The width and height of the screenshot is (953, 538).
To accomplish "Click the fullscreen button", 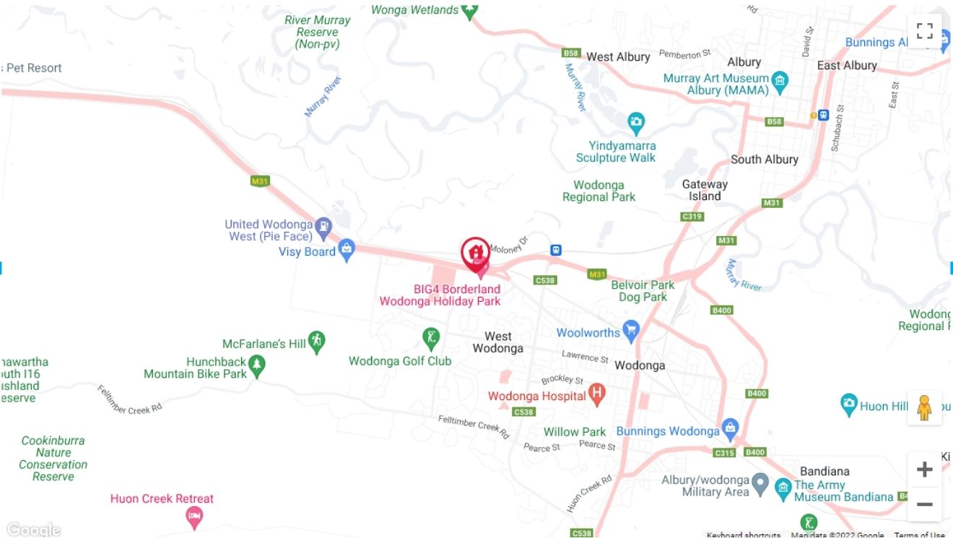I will [925, 31].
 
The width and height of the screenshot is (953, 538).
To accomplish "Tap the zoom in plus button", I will [924, 470].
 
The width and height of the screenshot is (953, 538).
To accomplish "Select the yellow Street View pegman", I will [924, 408].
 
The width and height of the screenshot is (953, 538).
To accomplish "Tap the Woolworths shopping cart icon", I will [631, 331].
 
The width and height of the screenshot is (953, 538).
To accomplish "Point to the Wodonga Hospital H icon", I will [596, 394].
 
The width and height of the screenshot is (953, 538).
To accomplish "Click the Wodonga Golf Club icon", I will [431, 337].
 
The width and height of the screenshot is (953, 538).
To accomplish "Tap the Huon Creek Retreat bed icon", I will [194, 516].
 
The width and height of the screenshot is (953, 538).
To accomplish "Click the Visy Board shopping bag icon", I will [347, 250].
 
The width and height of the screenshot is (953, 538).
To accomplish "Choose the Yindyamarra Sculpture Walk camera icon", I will [635, 122].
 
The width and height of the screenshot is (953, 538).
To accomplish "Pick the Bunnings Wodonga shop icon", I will [730, 428].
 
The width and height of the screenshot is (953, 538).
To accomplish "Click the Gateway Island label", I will [705, 190].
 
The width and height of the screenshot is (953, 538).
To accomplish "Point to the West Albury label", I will [618, 56].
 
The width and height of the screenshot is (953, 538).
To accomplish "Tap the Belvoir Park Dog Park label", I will [643, 291].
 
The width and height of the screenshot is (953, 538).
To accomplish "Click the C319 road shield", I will [692, 217].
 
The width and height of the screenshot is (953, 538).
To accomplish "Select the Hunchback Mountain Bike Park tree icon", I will [257, 367].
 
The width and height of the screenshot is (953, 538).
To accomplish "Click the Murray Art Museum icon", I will [780, 80].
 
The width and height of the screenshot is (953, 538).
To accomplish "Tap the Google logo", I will [33, 530].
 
